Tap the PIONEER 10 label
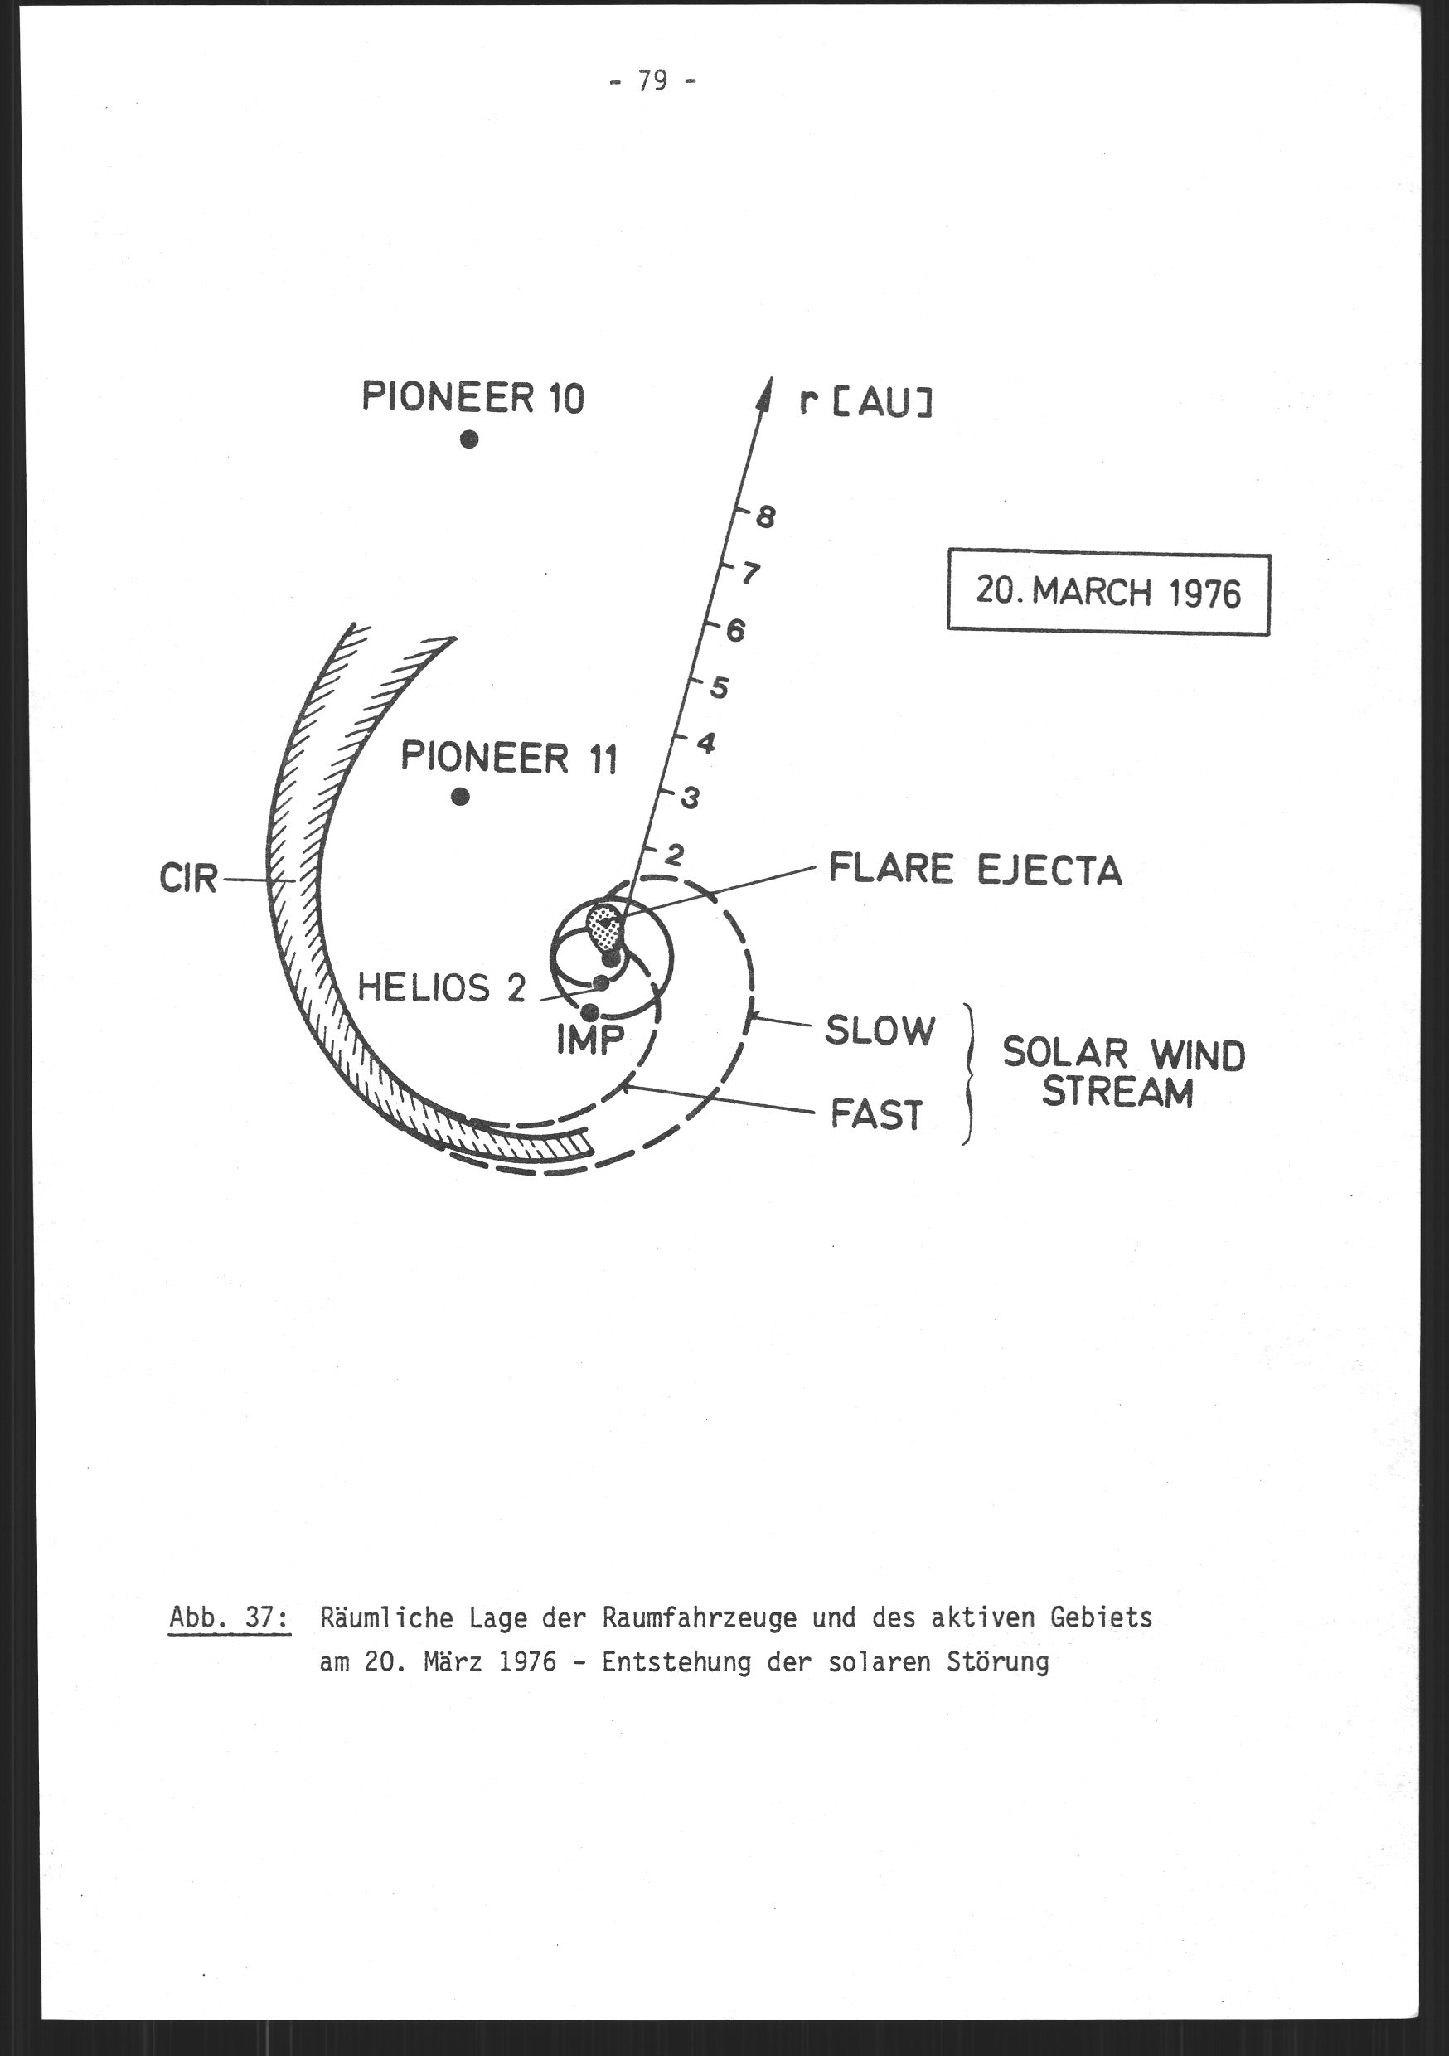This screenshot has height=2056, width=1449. [472, 397]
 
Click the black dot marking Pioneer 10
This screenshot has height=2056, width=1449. [469, 439]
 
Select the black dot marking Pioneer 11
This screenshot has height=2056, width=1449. [460, 796]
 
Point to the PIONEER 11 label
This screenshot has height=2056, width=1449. [509, 758]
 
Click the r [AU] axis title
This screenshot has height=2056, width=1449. [866, 405]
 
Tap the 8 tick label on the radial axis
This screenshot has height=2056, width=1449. [765, 517]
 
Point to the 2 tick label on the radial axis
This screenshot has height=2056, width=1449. [673, 856]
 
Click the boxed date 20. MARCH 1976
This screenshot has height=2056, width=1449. [1108, 592]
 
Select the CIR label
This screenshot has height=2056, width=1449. [188, 880]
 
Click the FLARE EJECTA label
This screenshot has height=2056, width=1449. [975, 869]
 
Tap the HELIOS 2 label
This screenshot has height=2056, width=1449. [442, 988]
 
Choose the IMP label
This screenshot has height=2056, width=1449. [590, 1040]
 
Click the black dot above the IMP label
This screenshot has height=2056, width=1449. [589, 1013]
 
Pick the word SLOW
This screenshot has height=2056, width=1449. [880, 1030]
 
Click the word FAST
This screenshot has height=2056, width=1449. [877, 1116]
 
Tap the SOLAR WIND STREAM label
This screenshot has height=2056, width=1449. [1124, 1073]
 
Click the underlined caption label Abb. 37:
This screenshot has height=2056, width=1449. [230, 1618]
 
